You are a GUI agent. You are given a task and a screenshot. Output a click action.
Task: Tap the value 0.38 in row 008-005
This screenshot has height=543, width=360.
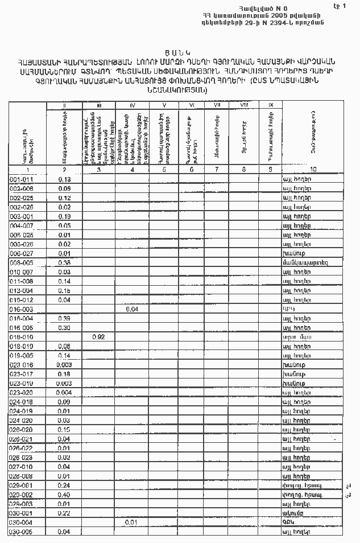coord(64,262)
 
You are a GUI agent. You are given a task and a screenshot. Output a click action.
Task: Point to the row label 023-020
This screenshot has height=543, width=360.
coord(22,392)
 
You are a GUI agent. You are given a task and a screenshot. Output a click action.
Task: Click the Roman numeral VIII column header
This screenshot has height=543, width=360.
coord(244,105)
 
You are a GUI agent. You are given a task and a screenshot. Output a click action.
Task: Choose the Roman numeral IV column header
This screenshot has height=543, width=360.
coord(132,105)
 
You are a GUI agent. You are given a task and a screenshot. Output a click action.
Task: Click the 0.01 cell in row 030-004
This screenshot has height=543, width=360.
coord(132,522)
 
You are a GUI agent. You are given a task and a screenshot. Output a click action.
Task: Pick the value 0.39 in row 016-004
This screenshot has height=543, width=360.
coord(64,318)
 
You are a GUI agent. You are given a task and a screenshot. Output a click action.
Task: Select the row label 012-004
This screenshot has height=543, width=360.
coord(22,290)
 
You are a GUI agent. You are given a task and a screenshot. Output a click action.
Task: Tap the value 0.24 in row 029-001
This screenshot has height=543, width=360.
coord(64,485)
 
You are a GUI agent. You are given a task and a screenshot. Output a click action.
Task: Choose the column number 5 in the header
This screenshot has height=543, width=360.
coord(164,170)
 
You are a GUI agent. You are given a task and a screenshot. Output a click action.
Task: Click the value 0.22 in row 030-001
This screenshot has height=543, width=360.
coord(64,513)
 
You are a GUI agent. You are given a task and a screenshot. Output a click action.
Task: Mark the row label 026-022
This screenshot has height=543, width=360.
coord(22,448)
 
